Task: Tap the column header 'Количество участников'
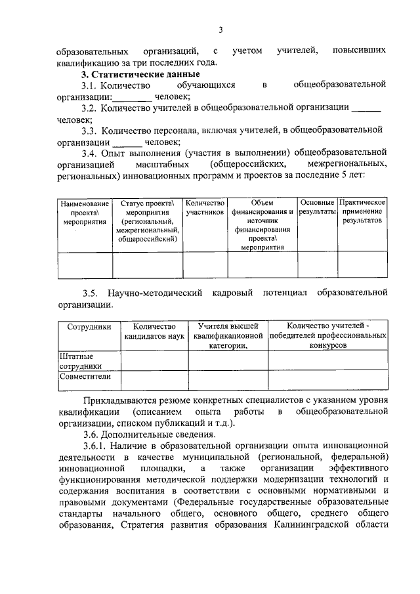coord(205,208)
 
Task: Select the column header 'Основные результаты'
coord(317,208)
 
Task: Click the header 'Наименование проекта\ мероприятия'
coord(85,213)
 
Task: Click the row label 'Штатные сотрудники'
coord(81,360)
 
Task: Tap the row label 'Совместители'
coord(85,377)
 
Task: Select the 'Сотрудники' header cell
coord(89,326)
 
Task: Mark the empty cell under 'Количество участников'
coord(205,266)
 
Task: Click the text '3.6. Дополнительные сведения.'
coord(150,435)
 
